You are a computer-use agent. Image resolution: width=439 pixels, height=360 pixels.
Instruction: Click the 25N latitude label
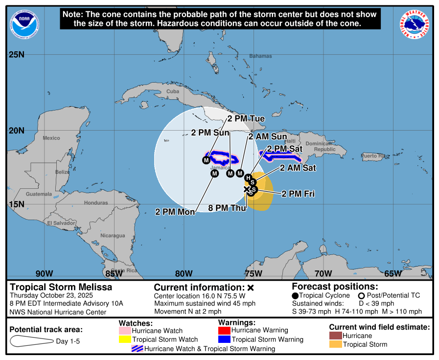(17, 54)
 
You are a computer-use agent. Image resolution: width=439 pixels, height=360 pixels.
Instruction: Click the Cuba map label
(173, 91)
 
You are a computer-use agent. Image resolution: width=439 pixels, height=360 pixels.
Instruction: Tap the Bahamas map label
(260, 56)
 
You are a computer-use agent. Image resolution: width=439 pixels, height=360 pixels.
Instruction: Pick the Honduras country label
(96, 203)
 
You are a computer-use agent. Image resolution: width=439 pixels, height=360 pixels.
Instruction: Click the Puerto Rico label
(375, 156)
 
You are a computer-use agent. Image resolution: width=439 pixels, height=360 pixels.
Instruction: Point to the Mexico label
(51, 138)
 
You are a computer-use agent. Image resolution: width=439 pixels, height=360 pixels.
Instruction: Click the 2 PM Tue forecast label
(246, 119)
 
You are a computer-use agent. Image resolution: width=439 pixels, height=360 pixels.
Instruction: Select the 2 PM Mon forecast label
(175, 212)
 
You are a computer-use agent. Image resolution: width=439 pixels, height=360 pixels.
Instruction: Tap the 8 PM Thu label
(228, 207)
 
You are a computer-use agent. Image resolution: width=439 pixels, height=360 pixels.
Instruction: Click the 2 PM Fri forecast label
(298, 194)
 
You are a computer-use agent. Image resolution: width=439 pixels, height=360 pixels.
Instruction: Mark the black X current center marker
(247, 189)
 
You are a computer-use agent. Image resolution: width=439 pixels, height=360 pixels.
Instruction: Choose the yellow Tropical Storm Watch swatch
(125, 339)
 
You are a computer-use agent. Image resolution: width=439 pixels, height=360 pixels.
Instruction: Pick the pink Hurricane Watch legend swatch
(125, 331)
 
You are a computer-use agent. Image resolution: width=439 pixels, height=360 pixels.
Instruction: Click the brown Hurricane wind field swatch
(335, 336)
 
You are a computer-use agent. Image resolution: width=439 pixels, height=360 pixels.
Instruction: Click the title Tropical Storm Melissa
(61, 287)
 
